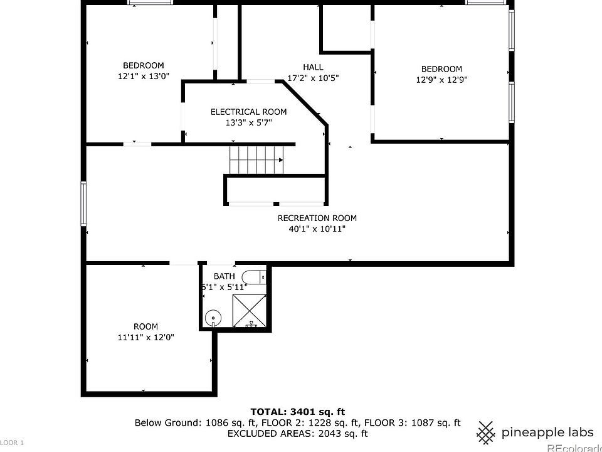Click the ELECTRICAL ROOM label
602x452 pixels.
(x=248, y=112)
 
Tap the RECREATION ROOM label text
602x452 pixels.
(x=317, y=218)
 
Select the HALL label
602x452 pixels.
(x=313, y=67)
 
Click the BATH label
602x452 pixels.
(x=224, y=276)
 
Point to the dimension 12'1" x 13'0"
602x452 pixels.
(x=144, y=76)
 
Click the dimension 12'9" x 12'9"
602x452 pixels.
(x=441, y=80)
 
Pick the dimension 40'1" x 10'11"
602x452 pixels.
(x=317, y=229)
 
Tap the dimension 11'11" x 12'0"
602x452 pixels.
(x=145, y=337)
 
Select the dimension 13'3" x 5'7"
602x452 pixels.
(x=248, y=122)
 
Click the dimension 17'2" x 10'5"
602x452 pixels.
(x=313, y=78)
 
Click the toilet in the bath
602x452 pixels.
(x=254, y=277)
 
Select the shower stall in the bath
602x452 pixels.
(x=250, y=310)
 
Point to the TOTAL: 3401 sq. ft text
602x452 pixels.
(x=298, y=412)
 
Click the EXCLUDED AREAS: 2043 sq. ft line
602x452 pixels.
(x=297, y=433)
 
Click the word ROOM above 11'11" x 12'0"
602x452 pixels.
(x=145, y=326)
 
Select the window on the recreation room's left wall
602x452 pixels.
(x=83, y=203)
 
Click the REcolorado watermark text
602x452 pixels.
(x=574, y=447)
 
